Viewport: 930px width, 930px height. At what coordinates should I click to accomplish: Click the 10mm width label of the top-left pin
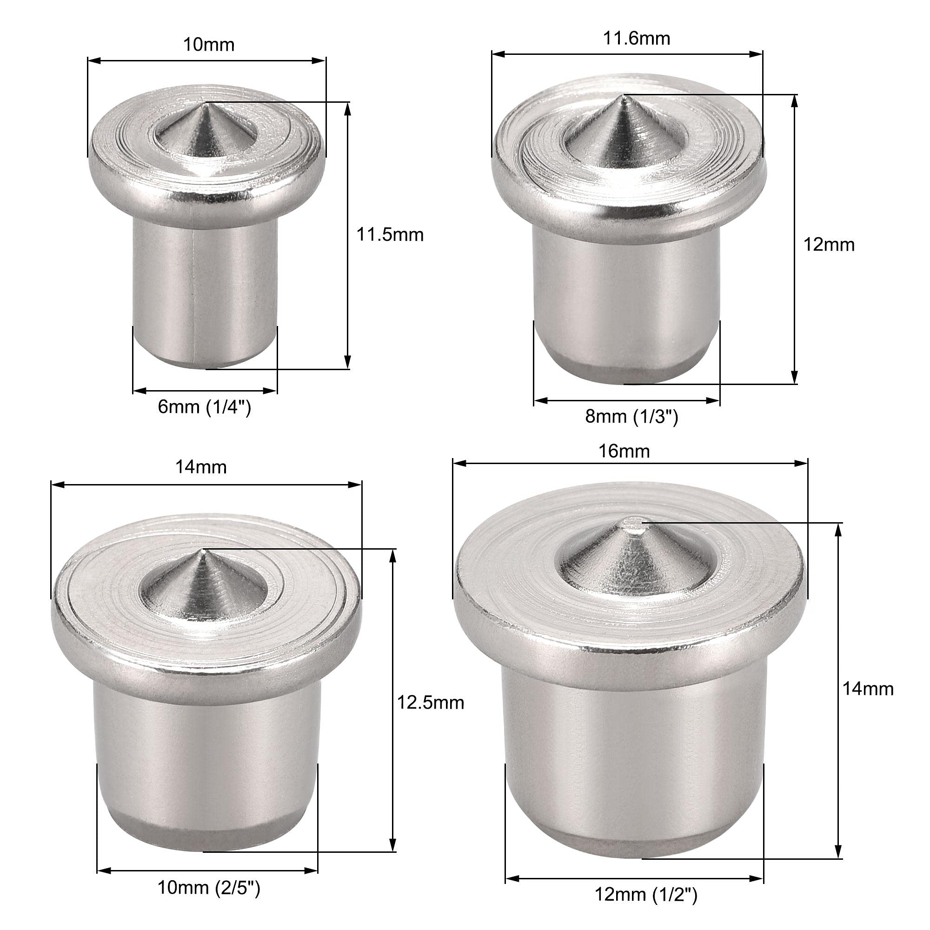[x=208, y=45]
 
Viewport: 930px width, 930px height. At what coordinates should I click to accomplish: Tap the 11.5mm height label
[x=390, y=235]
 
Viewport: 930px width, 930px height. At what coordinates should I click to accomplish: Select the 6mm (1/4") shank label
[x=205, y=407]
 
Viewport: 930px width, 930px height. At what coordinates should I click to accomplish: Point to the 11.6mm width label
[x=637, y=39]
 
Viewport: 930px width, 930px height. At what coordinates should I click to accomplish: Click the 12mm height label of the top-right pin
[x=829, y=245]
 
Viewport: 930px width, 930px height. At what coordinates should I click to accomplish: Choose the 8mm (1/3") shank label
[x=631, y=416]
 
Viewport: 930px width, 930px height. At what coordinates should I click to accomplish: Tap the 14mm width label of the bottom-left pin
[x=201, y=467]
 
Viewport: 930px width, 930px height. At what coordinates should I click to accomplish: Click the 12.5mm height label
[x=430, y=703]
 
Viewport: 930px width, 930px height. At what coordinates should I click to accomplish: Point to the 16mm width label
[x=624, y=452]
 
